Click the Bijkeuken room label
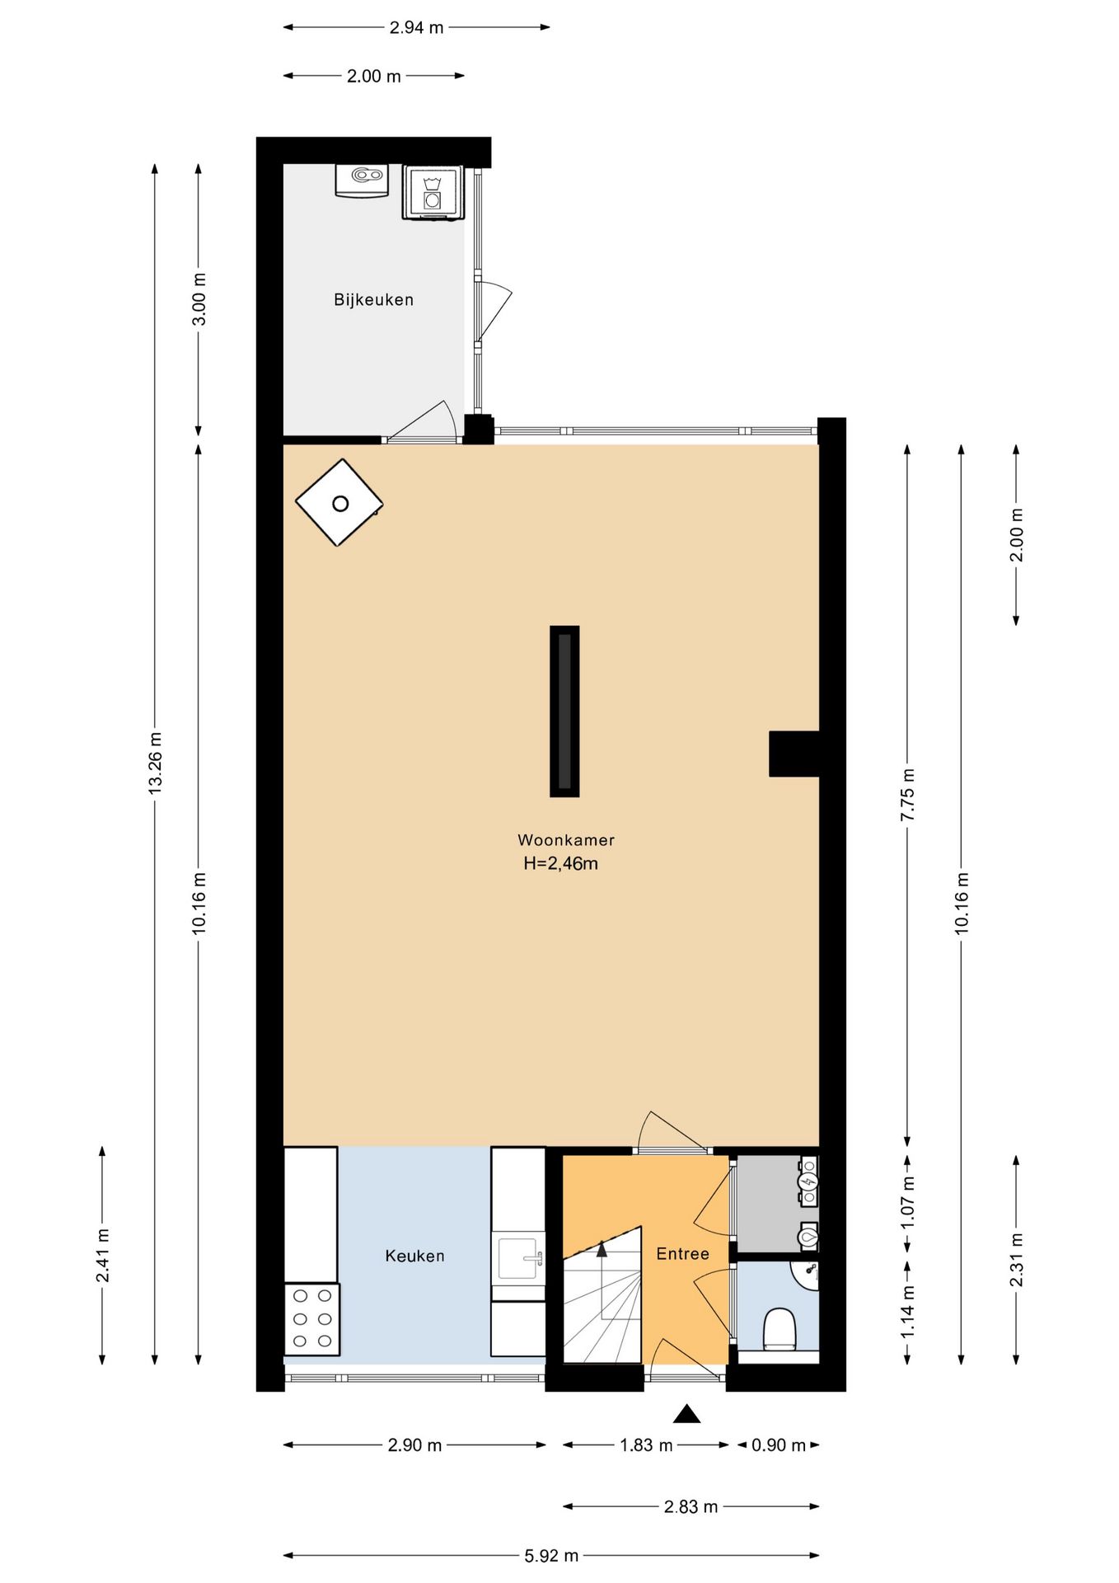373,300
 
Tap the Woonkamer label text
566,840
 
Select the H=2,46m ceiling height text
561,864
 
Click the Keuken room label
414,1256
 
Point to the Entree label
682,1254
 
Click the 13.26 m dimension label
155,763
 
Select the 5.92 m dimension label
551,1556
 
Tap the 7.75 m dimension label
908,794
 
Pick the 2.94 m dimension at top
416,27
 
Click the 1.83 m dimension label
646,1444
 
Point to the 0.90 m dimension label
779,1444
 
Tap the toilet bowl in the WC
779,1329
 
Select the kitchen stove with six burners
312,1319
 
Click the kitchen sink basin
518,1257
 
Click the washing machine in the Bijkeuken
433,192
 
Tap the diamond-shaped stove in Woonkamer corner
339,503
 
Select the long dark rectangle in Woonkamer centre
564,712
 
